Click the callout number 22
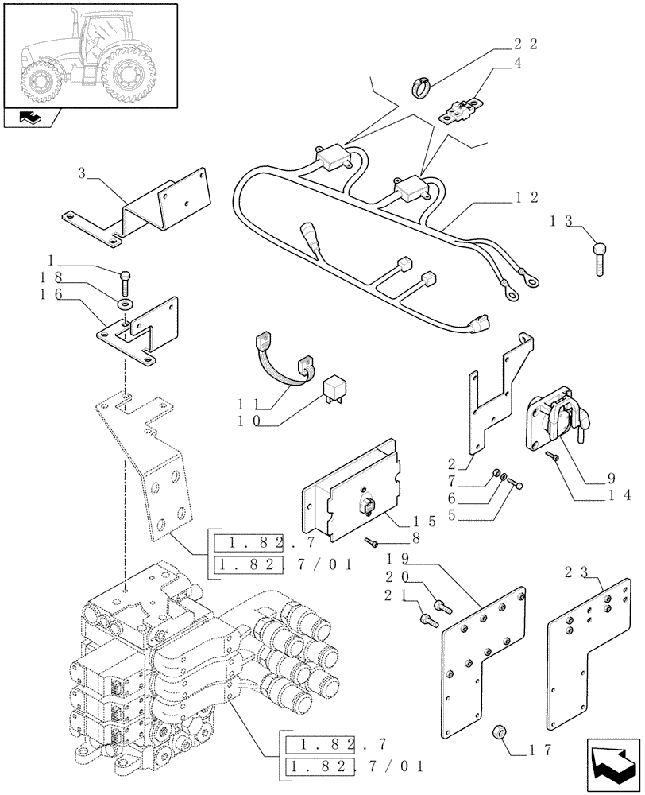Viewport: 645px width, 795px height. [x=525, y=45]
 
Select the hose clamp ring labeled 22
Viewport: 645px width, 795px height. [x=423, y=84]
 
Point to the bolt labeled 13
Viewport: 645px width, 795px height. [x=599, y=258]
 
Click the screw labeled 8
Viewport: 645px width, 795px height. [x=372, y=542]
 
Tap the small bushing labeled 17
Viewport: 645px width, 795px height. [x=500, y=731]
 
